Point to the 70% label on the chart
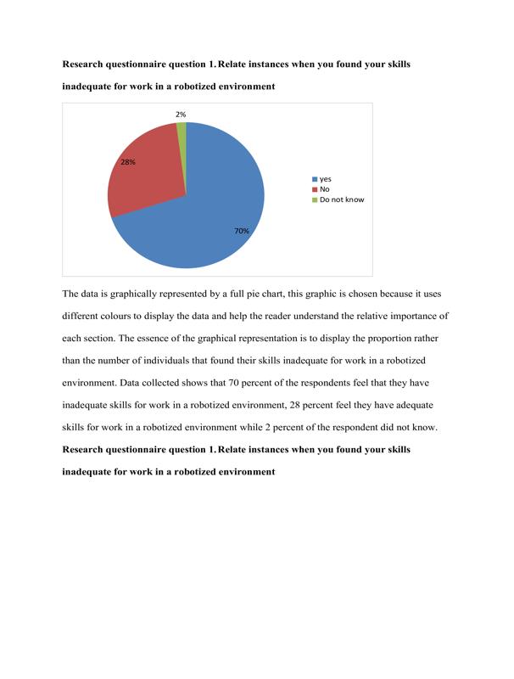(x=241, y=230)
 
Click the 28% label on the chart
(x=127, y=161)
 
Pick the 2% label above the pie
(x=181, y=114)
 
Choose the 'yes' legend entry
(x=325, y=179)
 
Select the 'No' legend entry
(x=324, y=189)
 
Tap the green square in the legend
(x=314, y=199)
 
